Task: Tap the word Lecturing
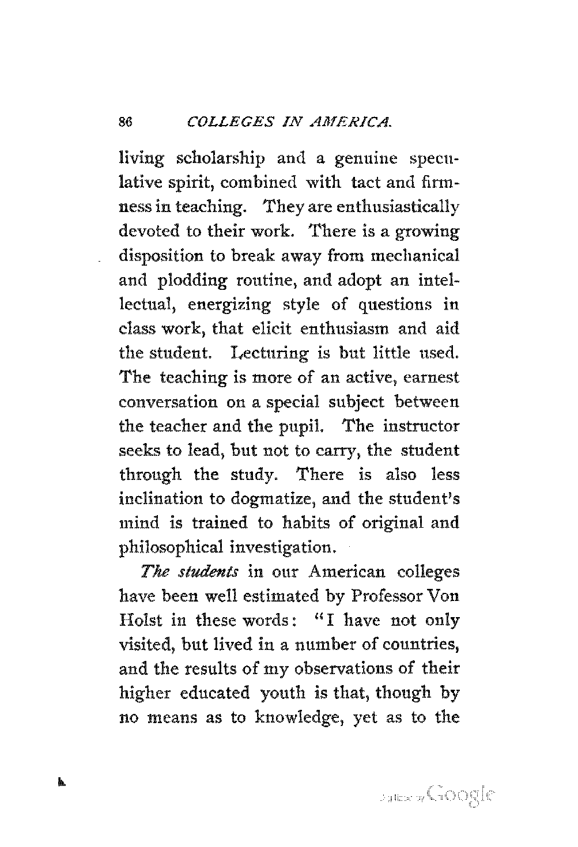coord(269,353)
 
